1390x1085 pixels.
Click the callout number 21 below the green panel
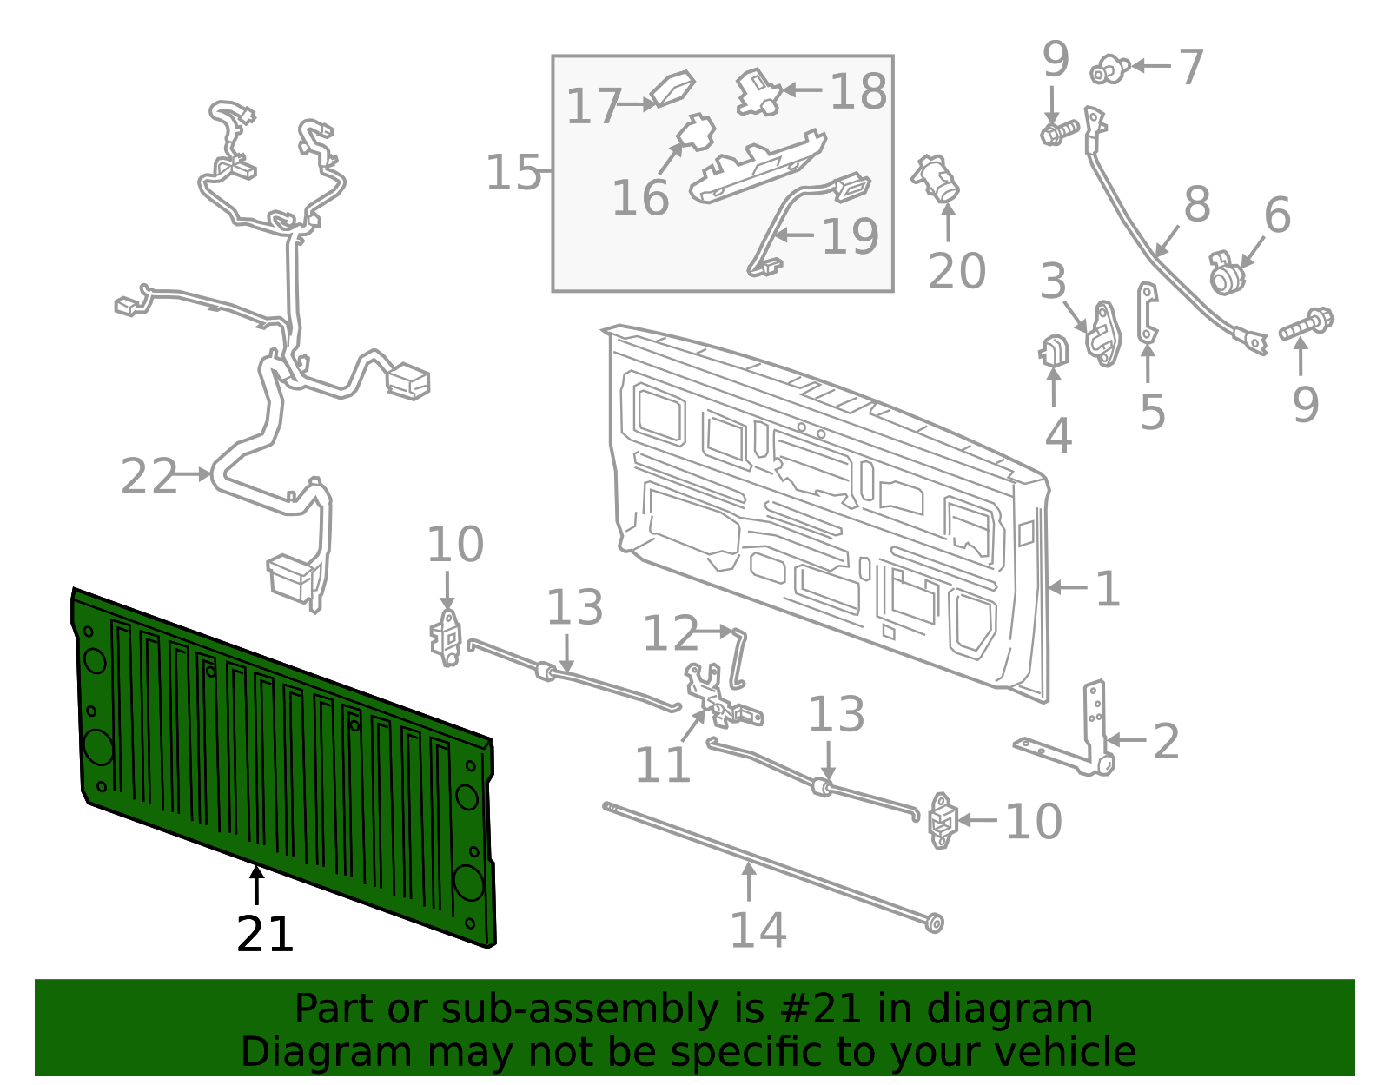point(265,935)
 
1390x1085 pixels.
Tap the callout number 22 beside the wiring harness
point(149,476)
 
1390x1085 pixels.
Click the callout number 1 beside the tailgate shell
point(1108,589)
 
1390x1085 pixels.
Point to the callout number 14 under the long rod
point(758,930)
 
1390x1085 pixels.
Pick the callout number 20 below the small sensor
point(956,271)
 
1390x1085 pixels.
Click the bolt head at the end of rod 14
point(934,922)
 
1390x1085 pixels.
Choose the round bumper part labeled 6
point(1226,275)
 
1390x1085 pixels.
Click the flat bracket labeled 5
point(1148,313)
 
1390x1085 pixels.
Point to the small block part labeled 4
point(1054,351)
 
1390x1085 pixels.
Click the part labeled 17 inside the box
point(672,88)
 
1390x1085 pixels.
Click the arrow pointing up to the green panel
point(256,885)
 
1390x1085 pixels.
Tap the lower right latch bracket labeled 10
point(942,819)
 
